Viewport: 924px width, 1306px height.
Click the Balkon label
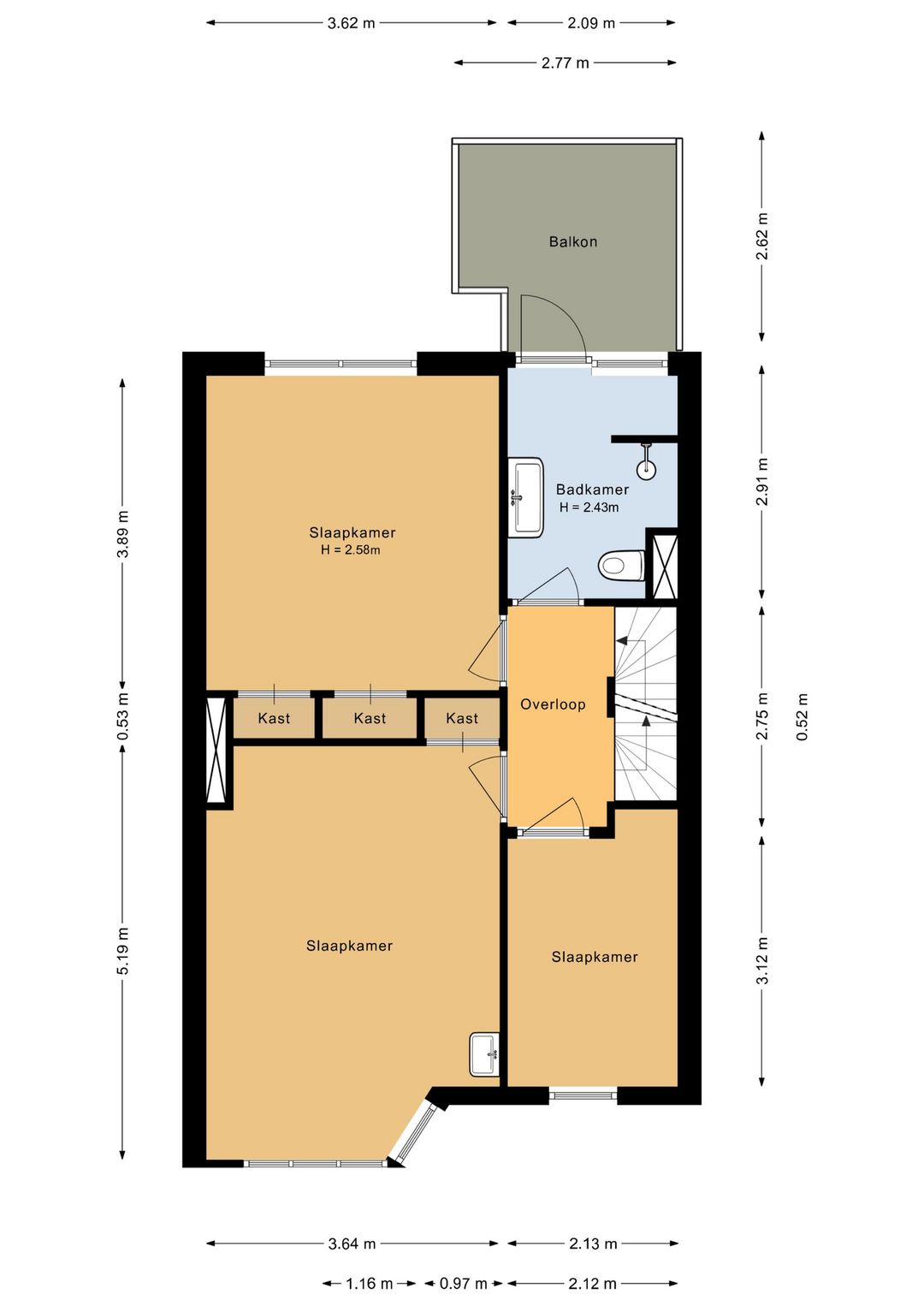(x=572, y=241)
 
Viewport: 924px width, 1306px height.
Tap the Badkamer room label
(x=592, y=490)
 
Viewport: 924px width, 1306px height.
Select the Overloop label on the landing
(x=552, y=704)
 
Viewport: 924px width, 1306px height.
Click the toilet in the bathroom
(x=621, y=565)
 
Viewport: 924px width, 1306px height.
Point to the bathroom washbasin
(x=526, y=496)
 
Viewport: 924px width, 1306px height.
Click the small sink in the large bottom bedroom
(x=485, y=1054)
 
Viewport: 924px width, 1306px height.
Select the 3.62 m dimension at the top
(x=351, y=23)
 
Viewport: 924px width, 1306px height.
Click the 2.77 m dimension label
(x=565, y=63)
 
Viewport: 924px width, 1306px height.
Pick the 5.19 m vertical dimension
(x=122, y=950)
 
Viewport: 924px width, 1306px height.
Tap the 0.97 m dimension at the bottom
(x=464, y=1283)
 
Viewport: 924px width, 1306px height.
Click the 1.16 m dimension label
(x=369, y=1283)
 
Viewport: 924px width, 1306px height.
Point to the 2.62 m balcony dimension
(x=762, y=237)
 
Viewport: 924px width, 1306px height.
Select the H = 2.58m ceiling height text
(x=351, y=549)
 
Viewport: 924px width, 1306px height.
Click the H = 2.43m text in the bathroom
(x=589, y=508)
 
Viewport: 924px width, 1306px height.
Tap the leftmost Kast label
(x=274, y=718)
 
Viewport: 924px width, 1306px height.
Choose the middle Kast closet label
(x=370, y=718)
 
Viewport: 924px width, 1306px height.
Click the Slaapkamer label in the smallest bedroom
(x=595, y=957)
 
